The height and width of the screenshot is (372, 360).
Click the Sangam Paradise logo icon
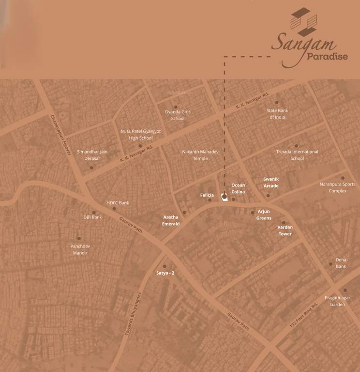click(x=303, y=22)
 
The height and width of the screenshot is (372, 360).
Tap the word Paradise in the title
click(x=327, y=57)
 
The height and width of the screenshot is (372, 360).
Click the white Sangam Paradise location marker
click(x=224, y=197)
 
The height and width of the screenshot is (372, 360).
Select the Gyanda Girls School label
click(x=178, y=115)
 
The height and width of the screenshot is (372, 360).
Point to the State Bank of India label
click(x=277, y=114)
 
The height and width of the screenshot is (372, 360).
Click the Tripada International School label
click(x=297, y=155)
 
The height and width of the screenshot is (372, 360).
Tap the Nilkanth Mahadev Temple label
click(x=200, y=155)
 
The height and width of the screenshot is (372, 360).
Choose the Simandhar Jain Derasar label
click(x=92, y=155)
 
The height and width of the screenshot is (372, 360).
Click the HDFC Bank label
click(x=118, y=203)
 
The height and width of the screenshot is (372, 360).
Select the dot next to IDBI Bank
click(x=93, y=212)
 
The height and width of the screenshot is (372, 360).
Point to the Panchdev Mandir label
click(x=80, y=249)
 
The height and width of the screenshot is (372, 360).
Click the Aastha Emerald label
click(x=171, y=220)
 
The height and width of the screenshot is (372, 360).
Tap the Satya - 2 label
click(x=165, y=273)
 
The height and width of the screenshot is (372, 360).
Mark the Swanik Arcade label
click(x=271, y=182)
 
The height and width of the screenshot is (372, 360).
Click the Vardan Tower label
click(x=285, y=231)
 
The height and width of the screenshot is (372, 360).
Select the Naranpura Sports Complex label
click(x=337, y=187)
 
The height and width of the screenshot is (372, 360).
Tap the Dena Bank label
click(x=341, y=263)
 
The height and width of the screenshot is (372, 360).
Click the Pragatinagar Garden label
click(x=337, y=301)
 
